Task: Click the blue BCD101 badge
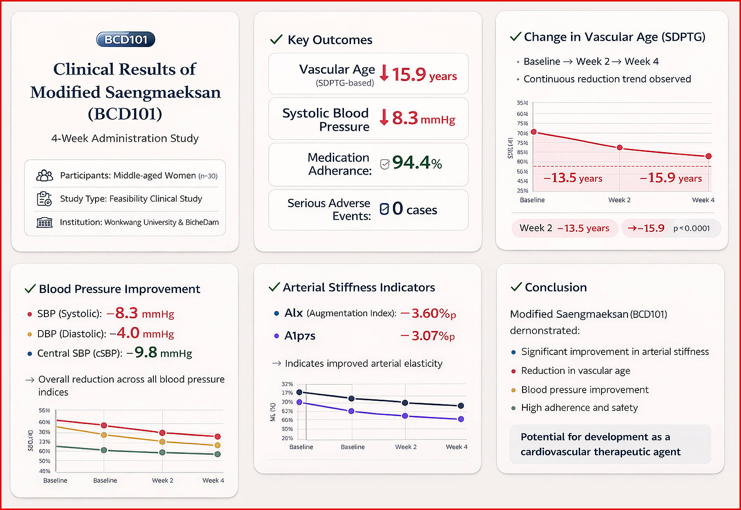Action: click(x=126, y=39)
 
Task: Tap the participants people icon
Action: click(x=45, y=175)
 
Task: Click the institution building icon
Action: click(x=45, y=222)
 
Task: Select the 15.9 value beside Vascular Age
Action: click(x=409, y=74)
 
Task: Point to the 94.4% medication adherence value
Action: click(x=417, y=163)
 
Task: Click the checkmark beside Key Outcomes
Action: click(x=276, y=39)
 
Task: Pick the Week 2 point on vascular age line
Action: click(x=620, y=148)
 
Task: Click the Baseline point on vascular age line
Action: click(x=534, y=132)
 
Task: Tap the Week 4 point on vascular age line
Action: click(x=708, y=156)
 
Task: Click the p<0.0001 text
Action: click(x=692, y=228)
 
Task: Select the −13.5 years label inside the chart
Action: click(x=573, y=178)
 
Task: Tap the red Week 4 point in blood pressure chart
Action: click(x=217, y=437)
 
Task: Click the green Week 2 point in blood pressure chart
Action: click(x=162, y=452)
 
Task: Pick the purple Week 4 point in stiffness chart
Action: click(x=461, y=419)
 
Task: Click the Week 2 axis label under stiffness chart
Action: click(x=406, y=447)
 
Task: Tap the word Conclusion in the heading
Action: click(x=556, y=287)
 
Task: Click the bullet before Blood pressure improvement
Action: click(x=513, y=390)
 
